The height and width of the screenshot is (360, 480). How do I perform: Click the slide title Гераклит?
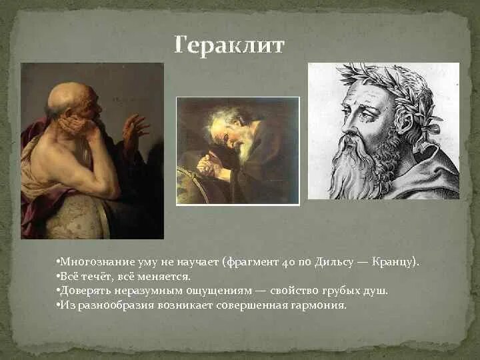point(229,45)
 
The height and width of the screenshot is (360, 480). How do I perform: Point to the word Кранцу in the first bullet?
point(396,262)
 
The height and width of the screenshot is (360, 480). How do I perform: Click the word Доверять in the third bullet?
point(84,291)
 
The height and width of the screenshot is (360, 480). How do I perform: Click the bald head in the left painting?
point(68,97)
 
